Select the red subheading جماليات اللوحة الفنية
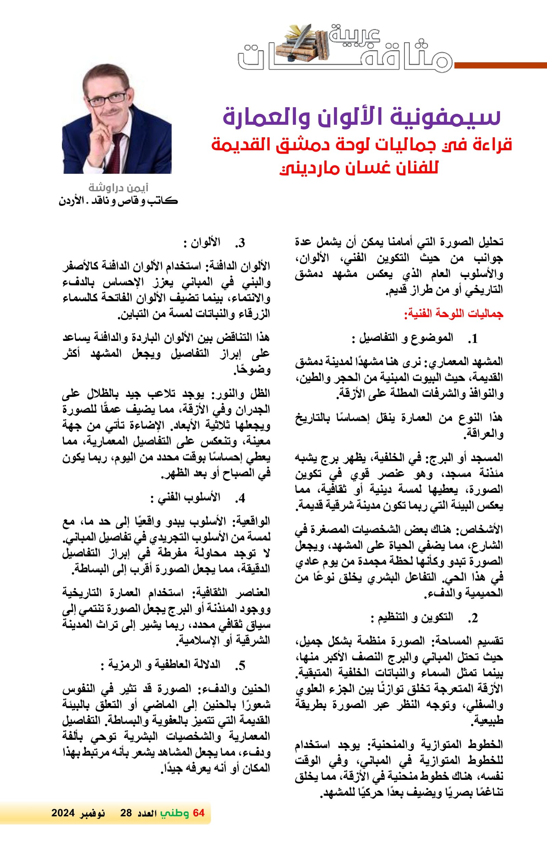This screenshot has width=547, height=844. click(454, 314)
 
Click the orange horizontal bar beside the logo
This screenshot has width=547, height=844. click(501, 65)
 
